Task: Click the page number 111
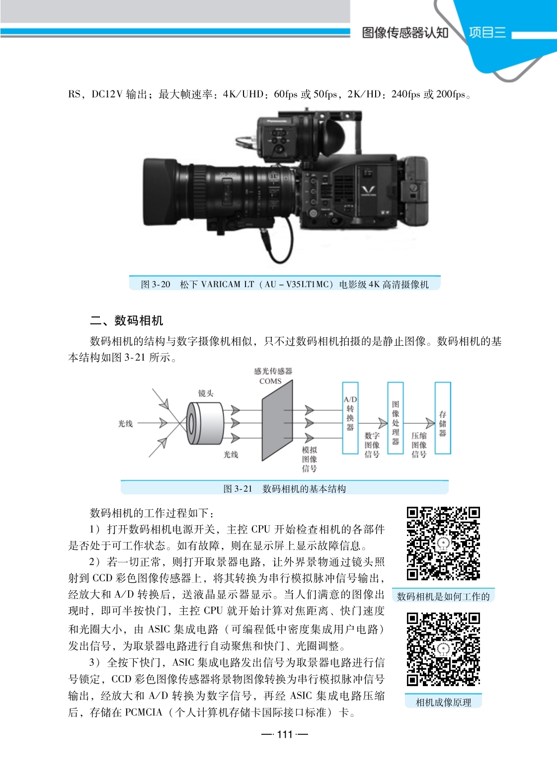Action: click(x=285, y=734)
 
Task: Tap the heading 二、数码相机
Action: click(x=126, y=320)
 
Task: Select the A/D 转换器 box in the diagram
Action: click(x=350, y=418)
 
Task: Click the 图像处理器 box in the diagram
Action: click(x=396, y=418)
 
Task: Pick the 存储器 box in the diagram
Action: click(x=443, y=418)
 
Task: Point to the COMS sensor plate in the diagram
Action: click(x=277, y=420)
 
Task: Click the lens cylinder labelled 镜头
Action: click(x=205, y=423)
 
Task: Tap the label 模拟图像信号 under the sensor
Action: click(x=310, y=459)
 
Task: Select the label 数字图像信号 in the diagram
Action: click(x=372, y=445)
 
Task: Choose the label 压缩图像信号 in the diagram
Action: click(x=419, y=445)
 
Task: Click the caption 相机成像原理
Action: click(x=443, y=702)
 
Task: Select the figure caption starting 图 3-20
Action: click(x=285, y=284)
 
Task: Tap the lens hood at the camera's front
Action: click(x=160, y=192)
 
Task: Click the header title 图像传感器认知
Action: click(x=405, y=33)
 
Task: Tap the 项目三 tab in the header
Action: click(x=487, y=32)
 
